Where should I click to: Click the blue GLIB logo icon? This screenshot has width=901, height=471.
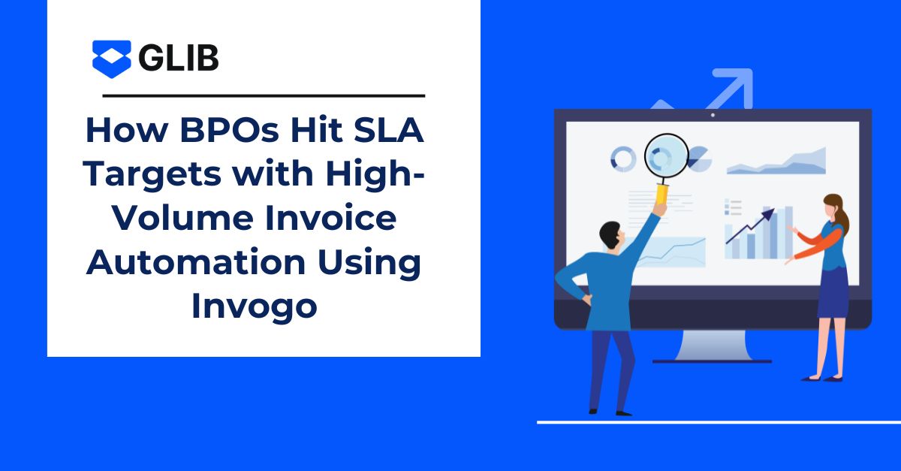click(111, 59)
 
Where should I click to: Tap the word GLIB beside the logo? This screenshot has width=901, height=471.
click(179, 58)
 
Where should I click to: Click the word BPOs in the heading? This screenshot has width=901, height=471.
click(229, 130)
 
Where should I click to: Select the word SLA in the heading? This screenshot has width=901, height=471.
click(389, 130)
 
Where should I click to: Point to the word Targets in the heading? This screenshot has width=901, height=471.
click(152, 174)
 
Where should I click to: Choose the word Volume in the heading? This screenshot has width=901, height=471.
click(183, 218)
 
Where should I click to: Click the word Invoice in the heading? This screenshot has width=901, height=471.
click(330, 218)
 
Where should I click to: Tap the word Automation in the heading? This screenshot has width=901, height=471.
click(196, 262)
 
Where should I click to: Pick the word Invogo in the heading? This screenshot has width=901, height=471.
click(255, 306)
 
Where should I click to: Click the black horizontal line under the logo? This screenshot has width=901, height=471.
click(264, 96)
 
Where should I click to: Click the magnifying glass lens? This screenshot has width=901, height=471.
click(667, 155)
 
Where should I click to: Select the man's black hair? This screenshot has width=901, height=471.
click(610, 234)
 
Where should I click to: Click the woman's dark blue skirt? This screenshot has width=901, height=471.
click(833, 292)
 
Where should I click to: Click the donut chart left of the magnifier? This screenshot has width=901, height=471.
click(623, 159)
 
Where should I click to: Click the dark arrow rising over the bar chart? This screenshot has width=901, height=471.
click(750, 226)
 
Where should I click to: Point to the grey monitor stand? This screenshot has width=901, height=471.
click(712, 346)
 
